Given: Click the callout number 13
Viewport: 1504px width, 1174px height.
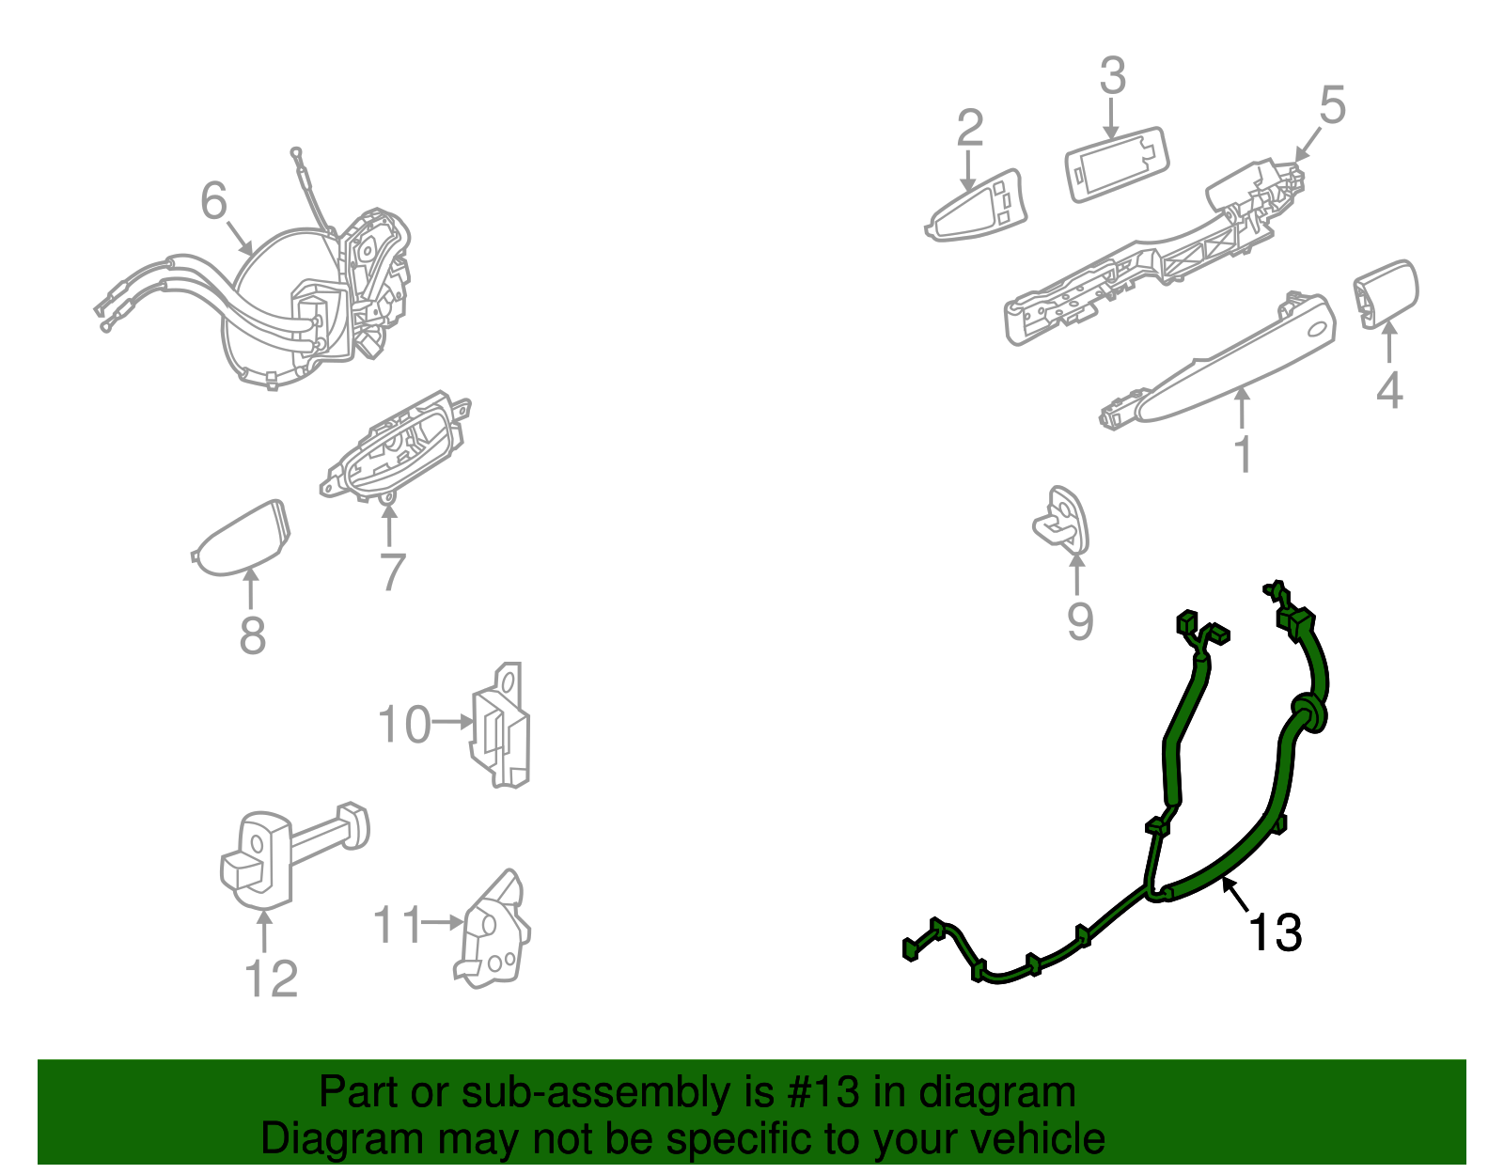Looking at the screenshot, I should (x=1275, y=933).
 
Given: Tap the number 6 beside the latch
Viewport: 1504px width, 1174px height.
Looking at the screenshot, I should (x=214, y=201).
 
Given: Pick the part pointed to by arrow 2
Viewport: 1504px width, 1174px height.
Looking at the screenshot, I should (x=978, y=208).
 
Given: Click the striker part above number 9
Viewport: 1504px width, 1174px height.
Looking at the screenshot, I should (x=1062, y=520).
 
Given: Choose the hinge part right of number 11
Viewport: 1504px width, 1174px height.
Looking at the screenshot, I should (x=493, y=931).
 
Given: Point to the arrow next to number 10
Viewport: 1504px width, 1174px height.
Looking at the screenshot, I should (x=453, y=722).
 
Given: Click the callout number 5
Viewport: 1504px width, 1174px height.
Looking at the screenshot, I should (x=1332, y=104).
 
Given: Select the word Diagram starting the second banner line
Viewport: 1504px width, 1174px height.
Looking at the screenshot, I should (x=327, y=1139).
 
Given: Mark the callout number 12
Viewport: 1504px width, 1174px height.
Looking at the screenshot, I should (x=271, y=978).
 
